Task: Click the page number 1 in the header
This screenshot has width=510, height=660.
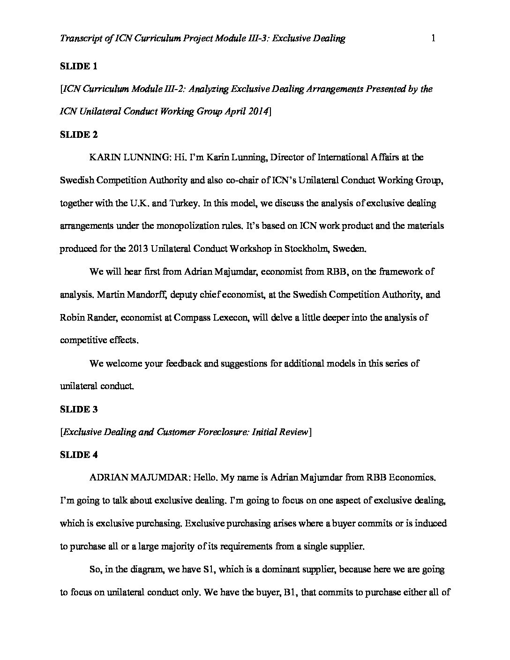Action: click(433, 38)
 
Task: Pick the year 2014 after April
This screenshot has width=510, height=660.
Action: click(257, 112)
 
